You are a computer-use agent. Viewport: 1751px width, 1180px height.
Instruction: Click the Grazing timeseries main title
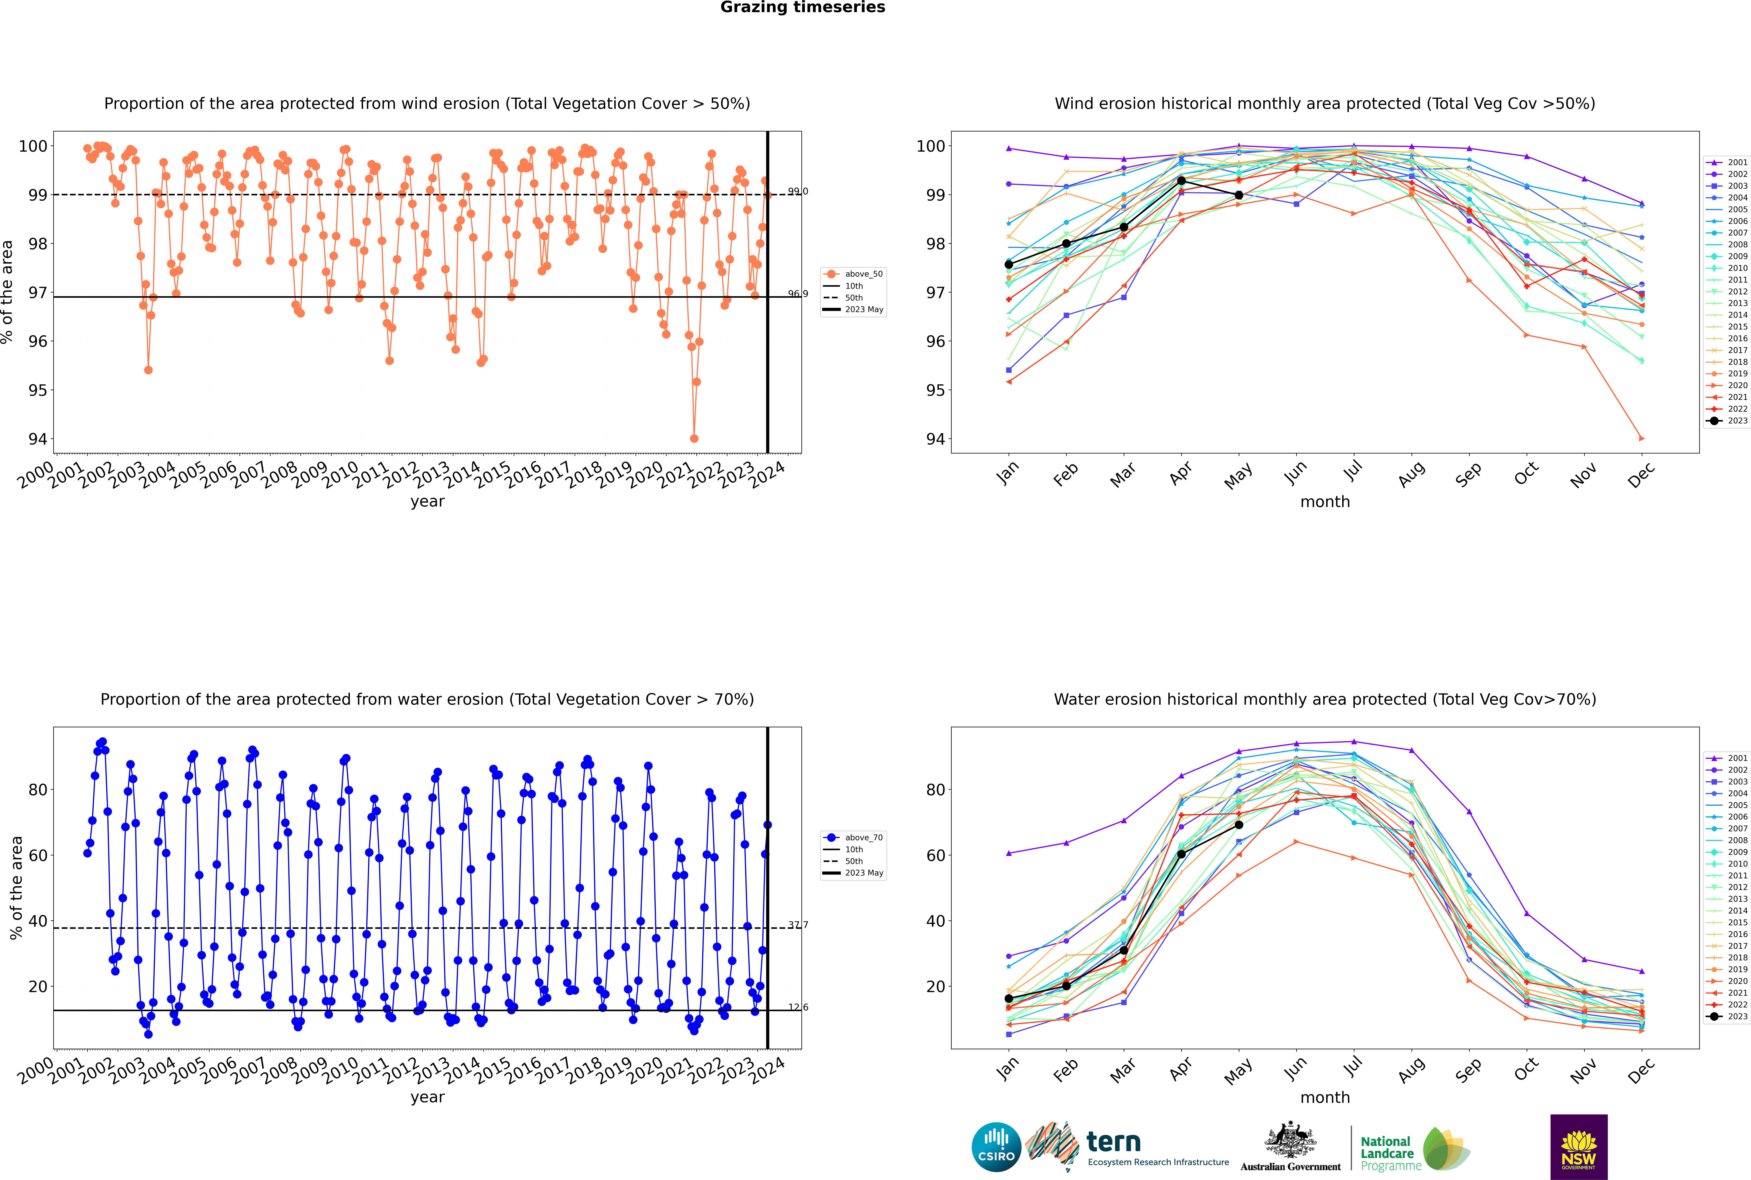(803, 7)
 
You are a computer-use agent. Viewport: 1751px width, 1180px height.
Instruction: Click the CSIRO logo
(996, 1147)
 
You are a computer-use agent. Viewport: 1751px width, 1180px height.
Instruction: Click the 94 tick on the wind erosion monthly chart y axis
(935, 439)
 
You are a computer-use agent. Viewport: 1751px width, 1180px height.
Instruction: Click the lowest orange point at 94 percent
(694, 439)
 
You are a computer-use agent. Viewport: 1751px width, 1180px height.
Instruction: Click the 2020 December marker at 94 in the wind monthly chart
(1642, 438)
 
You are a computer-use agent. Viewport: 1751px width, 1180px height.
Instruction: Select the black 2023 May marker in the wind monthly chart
(1239, 195)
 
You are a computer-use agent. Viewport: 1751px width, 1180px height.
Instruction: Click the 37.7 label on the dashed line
(798, 925)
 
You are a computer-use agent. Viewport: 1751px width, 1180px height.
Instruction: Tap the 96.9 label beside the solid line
(798, 293)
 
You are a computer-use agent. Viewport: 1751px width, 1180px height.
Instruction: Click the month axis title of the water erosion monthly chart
(1325, 1097)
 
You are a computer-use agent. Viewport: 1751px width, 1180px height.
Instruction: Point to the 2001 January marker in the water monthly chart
(1009, 853)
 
